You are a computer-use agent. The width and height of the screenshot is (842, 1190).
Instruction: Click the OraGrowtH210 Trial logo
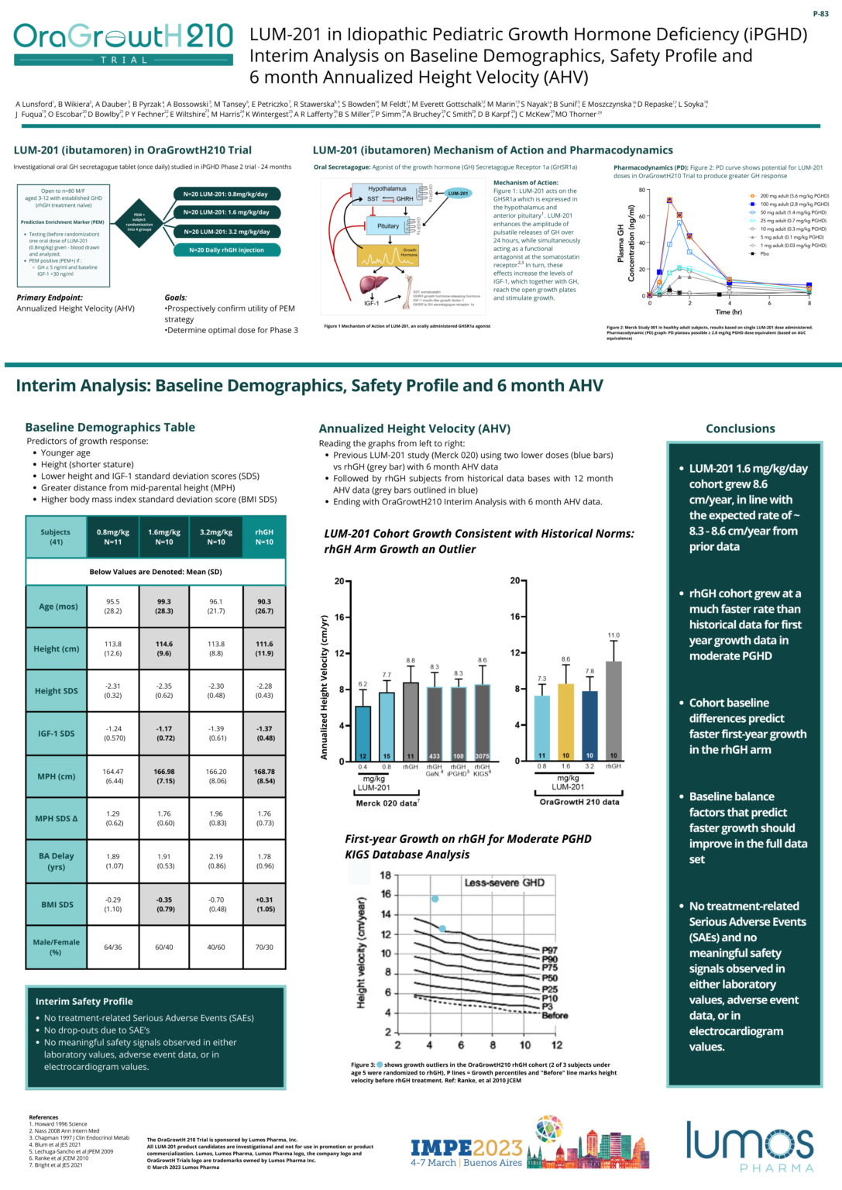[123, 43]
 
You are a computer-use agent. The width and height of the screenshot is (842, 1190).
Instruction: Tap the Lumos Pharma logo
[749, 1147]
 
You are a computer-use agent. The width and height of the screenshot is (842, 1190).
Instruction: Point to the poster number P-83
[820, 14]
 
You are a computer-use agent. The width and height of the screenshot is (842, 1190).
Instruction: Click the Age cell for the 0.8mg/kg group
[113, 606]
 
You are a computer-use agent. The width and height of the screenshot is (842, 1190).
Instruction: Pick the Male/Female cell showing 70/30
[264, 947]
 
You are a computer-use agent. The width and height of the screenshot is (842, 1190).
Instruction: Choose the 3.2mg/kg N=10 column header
[216, 537]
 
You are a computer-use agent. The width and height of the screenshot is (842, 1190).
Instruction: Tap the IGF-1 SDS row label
[56, 733]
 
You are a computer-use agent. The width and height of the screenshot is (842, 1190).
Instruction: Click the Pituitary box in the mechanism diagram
[388, 226]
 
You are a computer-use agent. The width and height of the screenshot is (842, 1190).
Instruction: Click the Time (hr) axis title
[728, 312]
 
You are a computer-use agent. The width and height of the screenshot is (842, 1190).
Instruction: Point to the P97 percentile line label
[549, 951]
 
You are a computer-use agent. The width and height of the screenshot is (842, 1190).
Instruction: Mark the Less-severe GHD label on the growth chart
[504, 882]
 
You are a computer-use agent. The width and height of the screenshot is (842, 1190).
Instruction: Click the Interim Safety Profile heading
[84, 1001]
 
